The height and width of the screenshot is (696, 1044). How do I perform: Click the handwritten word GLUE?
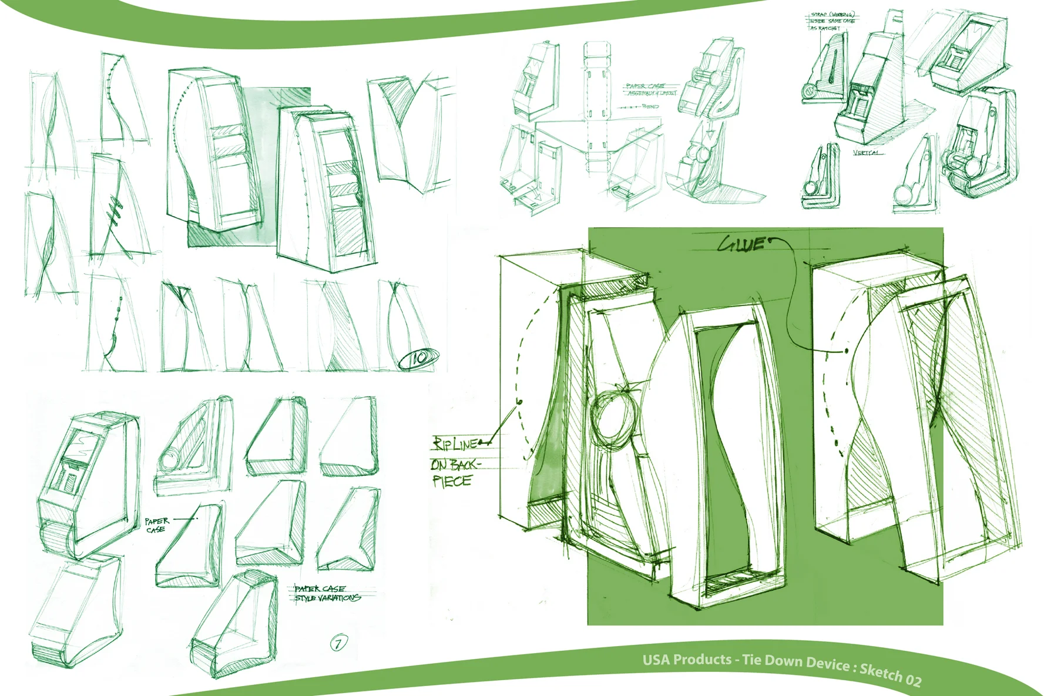742,244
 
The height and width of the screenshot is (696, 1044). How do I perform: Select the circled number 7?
338,643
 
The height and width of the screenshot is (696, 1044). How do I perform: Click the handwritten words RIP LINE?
455,443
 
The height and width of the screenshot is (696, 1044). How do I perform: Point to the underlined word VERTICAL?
867,153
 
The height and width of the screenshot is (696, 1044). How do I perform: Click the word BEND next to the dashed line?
650,106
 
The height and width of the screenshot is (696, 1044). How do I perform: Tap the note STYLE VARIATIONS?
327,598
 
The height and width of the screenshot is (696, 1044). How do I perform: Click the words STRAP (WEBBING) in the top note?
833,15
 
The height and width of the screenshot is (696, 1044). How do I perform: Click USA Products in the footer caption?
686,659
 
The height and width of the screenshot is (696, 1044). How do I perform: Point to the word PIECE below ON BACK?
452,481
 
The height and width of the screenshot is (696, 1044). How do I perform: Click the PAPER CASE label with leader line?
157,524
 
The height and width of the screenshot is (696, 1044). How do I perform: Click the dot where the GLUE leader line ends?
847,351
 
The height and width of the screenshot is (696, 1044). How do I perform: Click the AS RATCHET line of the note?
825,28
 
